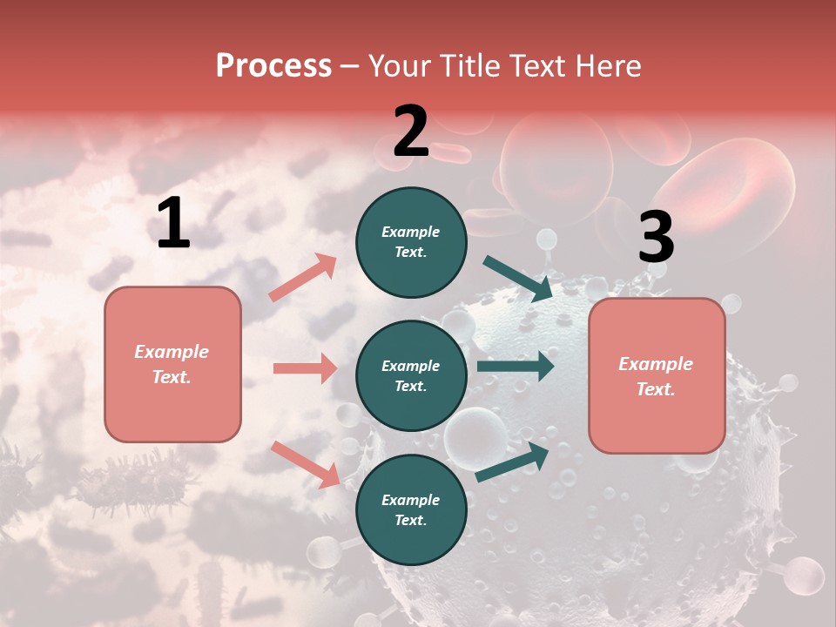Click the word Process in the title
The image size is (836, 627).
[x=273, y=66]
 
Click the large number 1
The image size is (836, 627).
[x=173, y=224]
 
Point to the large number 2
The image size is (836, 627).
[x=411, y=131]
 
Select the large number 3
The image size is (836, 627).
[x=656, y=238]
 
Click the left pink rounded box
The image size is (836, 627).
[x=172, y=364]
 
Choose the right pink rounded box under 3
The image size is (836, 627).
[x=657, y=376]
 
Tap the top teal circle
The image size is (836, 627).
[x=411, y=242]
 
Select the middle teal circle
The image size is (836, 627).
[x=411, y=376]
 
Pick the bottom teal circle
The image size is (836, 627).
[x=411, y=510]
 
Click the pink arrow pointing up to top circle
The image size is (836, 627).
[x=303, y=278]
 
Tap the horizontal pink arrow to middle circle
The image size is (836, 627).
[x=305, y=368]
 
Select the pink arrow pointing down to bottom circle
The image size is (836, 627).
[x=305, y=463]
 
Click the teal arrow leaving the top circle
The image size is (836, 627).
[x=517, y=278]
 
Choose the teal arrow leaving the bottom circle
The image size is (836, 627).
[x=512, y=462]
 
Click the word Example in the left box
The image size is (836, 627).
[x=172, y=352]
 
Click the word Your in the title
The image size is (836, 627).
[x=400, y=66]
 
